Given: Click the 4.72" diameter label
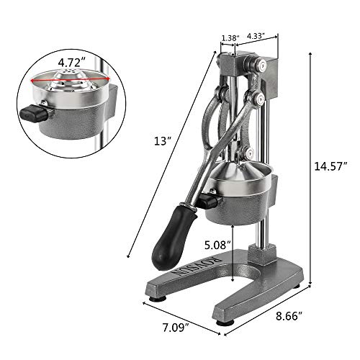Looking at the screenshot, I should [58, 53].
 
